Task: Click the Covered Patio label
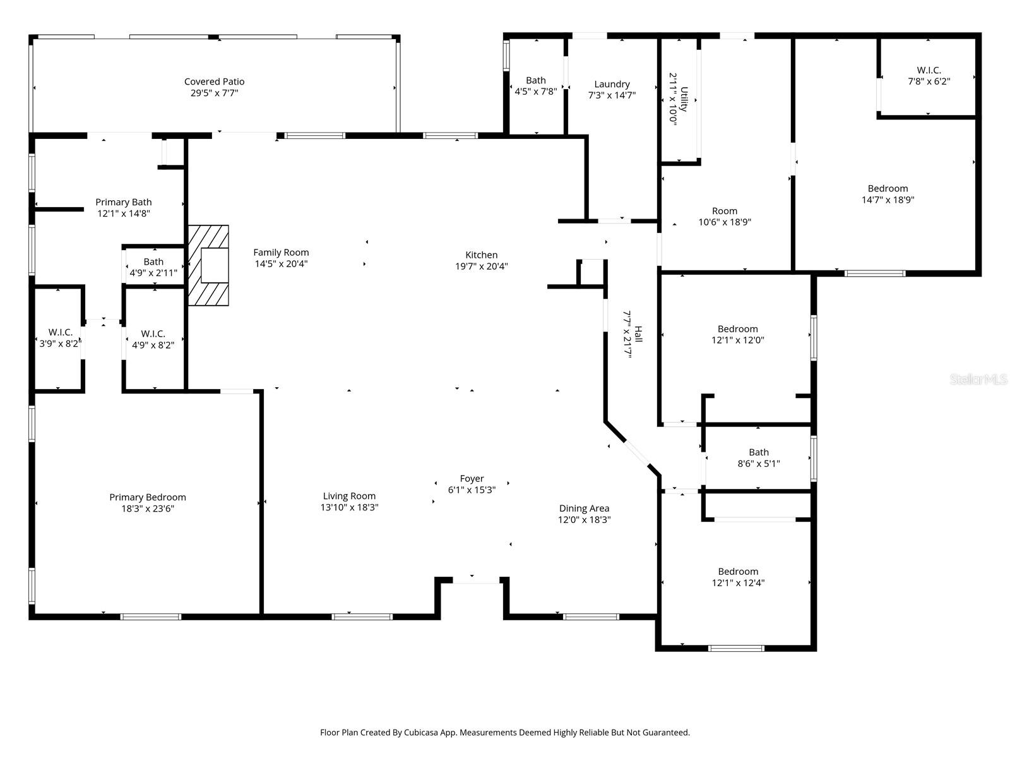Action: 214,81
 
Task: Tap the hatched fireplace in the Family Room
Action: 208,265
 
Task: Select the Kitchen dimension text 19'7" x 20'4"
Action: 482,266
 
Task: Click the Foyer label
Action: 472,479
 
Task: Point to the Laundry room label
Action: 612,84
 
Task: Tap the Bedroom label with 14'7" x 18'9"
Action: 888,188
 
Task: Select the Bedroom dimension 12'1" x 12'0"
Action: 737,340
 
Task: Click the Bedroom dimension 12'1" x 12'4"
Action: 737,583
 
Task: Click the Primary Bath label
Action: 124,202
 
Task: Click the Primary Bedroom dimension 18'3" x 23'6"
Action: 147,508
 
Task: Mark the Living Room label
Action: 349,496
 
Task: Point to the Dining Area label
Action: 584,508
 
